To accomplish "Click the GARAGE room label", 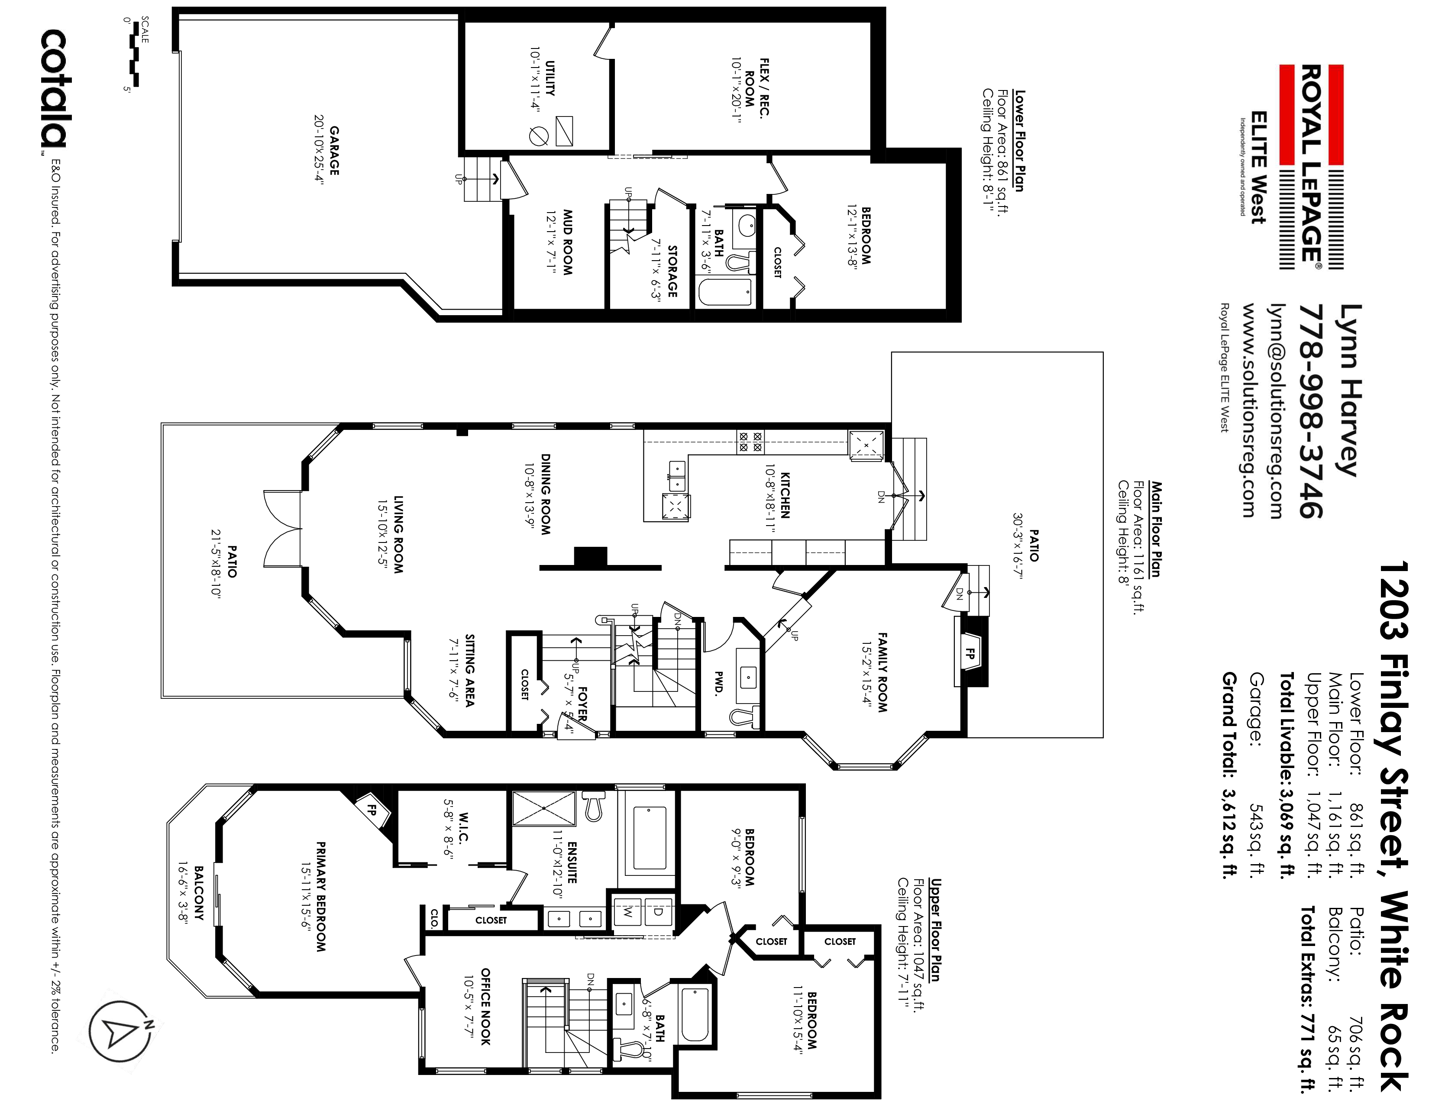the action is tap(334, 145).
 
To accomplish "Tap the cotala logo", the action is tap(54, 90).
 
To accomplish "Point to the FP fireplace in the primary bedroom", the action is tap(372, 810).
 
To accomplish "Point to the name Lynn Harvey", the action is tap(1351, 391).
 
